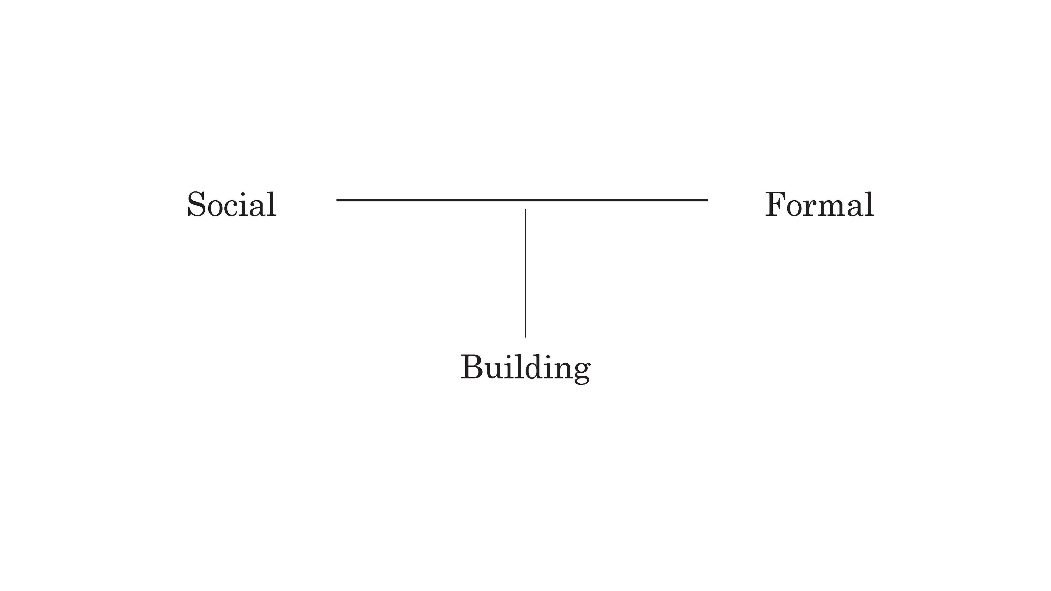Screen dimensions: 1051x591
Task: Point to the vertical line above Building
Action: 525,273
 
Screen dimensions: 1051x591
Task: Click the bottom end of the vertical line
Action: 525,337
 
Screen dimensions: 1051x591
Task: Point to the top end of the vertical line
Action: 525,210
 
